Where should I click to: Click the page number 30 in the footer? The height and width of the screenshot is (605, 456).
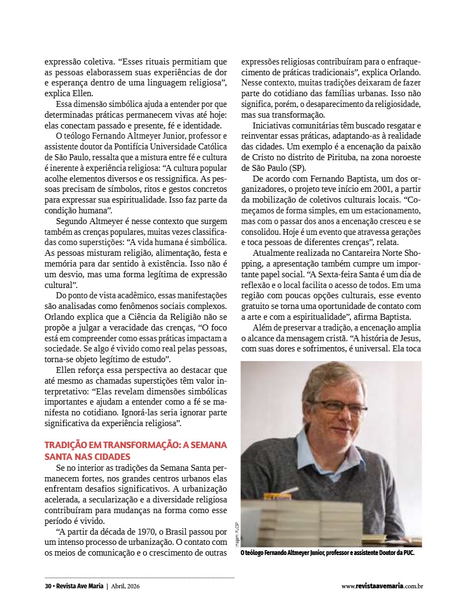click(x=48, y=586)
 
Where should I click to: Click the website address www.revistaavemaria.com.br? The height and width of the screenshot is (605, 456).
click(x=382, y=586)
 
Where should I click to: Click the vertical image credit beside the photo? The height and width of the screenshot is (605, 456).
click(x=236, y=535)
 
